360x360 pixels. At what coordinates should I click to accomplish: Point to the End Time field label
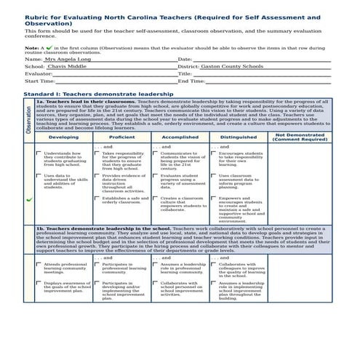point(191,81)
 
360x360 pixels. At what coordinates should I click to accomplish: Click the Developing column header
point(64,137)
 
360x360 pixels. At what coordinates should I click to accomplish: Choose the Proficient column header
point(121,137)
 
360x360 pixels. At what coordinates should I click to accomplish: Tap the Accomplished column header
point(180,137)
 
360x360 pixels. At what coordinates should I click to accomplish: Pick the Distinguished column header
point(239,137)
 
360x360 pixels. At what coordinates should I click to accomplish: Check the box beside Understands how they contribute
point(39,153)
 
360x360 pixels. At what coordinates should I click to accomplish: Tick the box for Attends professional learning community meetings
point(39,264)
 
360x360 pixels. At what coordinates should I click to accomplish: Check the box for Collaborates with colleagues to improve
point(214,264)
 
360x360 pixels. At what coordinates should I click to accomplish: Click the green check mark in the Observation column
point(29,199)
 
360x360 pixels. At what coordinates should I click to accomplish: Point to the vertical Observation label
point(29,121)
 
